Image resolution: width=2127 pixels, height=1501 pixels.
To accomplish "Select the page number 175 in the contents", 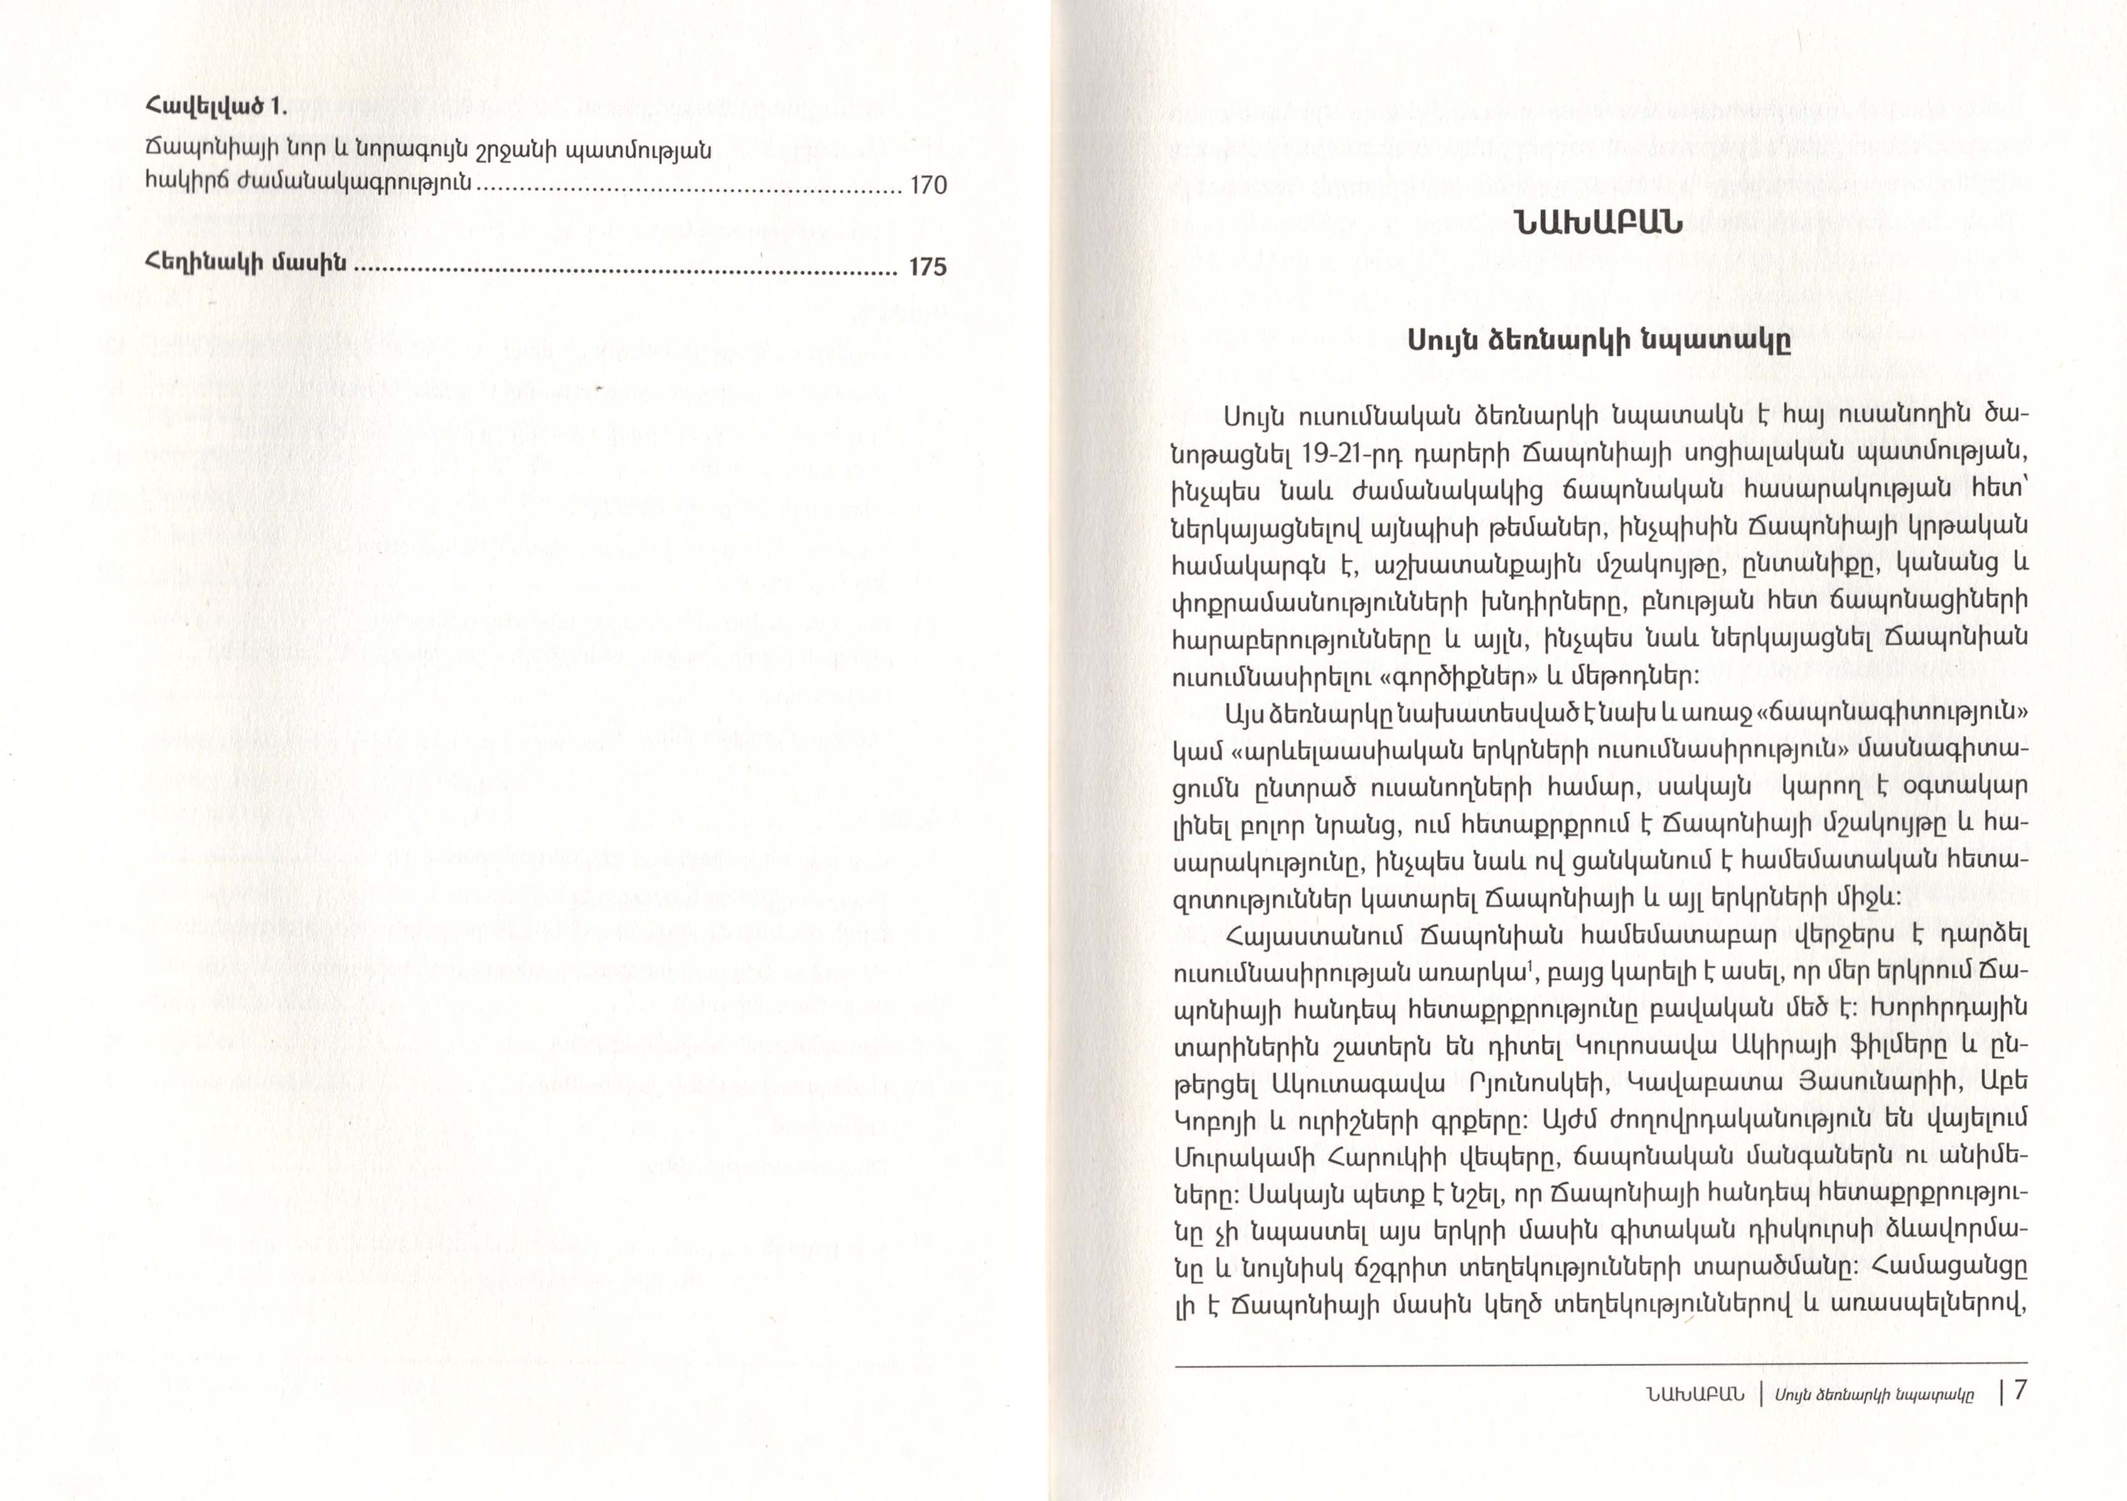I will coord(926,267).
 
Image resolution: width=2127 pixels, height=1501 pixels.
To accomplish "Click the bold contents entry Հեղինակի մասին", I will coord(245,264).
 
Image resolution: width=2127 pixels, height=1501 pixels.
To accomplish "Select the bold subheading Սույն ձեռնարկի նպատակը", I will coord(1599,341).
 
